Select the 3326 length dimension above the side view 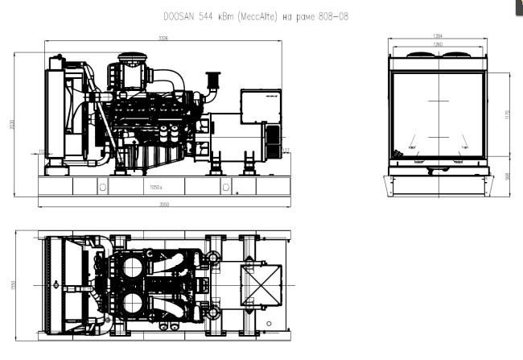(163, 38)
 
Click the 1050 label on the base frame (156, 187)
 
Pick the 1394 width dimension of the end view (438, 36)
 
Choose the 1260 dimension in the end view (438, 43)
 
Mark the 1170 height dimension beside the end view (508, 115)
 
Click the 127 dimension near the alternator (286, 151)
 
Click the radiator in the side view (56, 113)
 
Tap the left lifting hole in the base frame (102, 187)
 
